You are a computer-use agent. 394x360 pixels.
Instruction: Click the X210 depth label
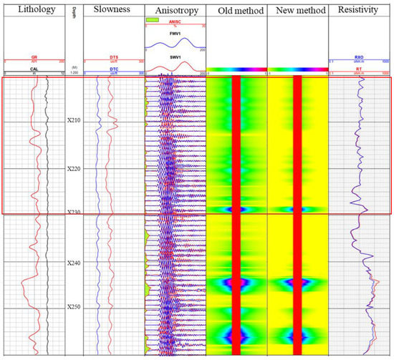(74, 121)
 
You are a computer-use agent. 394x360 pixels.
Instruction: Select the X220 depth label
(74, 169)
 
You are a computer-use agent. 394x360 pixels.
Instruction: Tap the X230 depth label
(74, 213)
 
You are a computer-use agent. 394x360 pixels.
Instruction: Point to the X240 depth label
(74, 263)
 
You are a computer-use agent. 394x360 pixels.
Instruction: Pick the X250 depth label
(74, 308)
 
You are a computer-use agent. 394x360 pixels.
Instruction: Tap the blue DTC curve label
(112, 69)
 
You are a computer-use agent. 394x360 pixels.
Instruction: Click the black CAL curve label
(33, 69)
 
